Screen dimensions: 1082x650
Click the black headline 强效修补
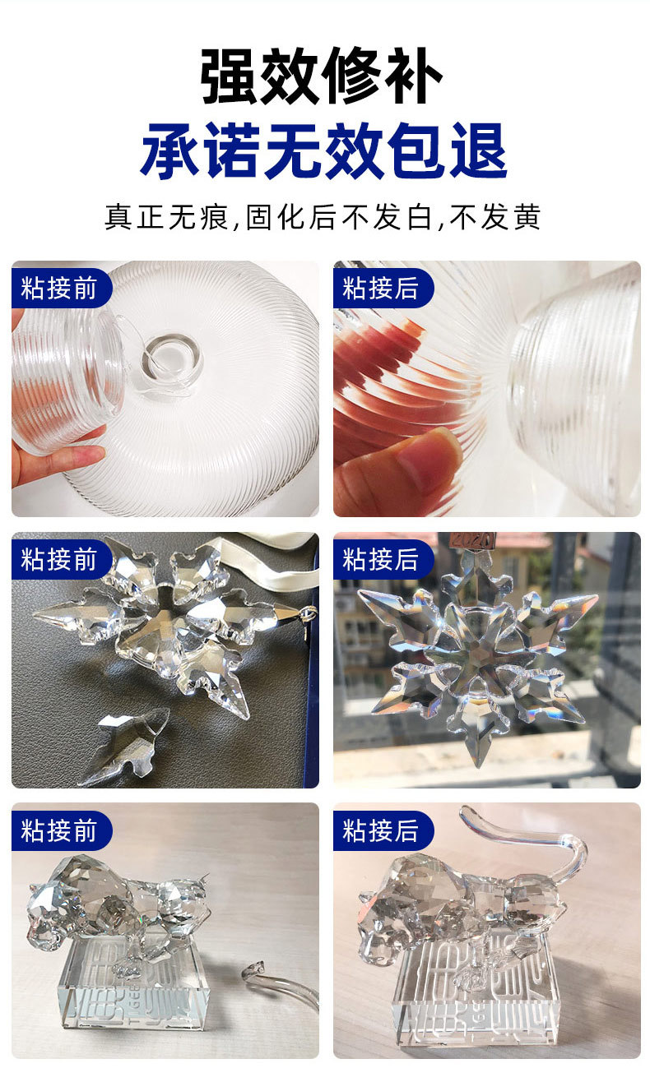[323, 76]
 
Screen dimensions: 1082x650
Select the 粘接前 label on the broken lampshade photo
[59, 288]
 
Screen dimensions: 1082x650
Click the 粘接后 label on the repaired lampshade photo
[380, 288]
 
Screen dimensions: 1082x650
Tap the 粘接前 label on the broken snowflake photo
[59, 560]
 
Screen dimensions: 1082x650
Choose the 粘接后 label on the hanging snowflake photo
[380, 560]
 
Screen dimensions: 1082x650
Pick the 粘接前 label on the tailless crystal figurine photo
[59, 830]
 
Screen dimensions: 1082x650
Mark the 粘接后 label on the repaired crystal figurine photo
[380, 830]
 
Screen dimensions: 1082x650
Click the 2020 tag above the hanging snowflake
[472, 541]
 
